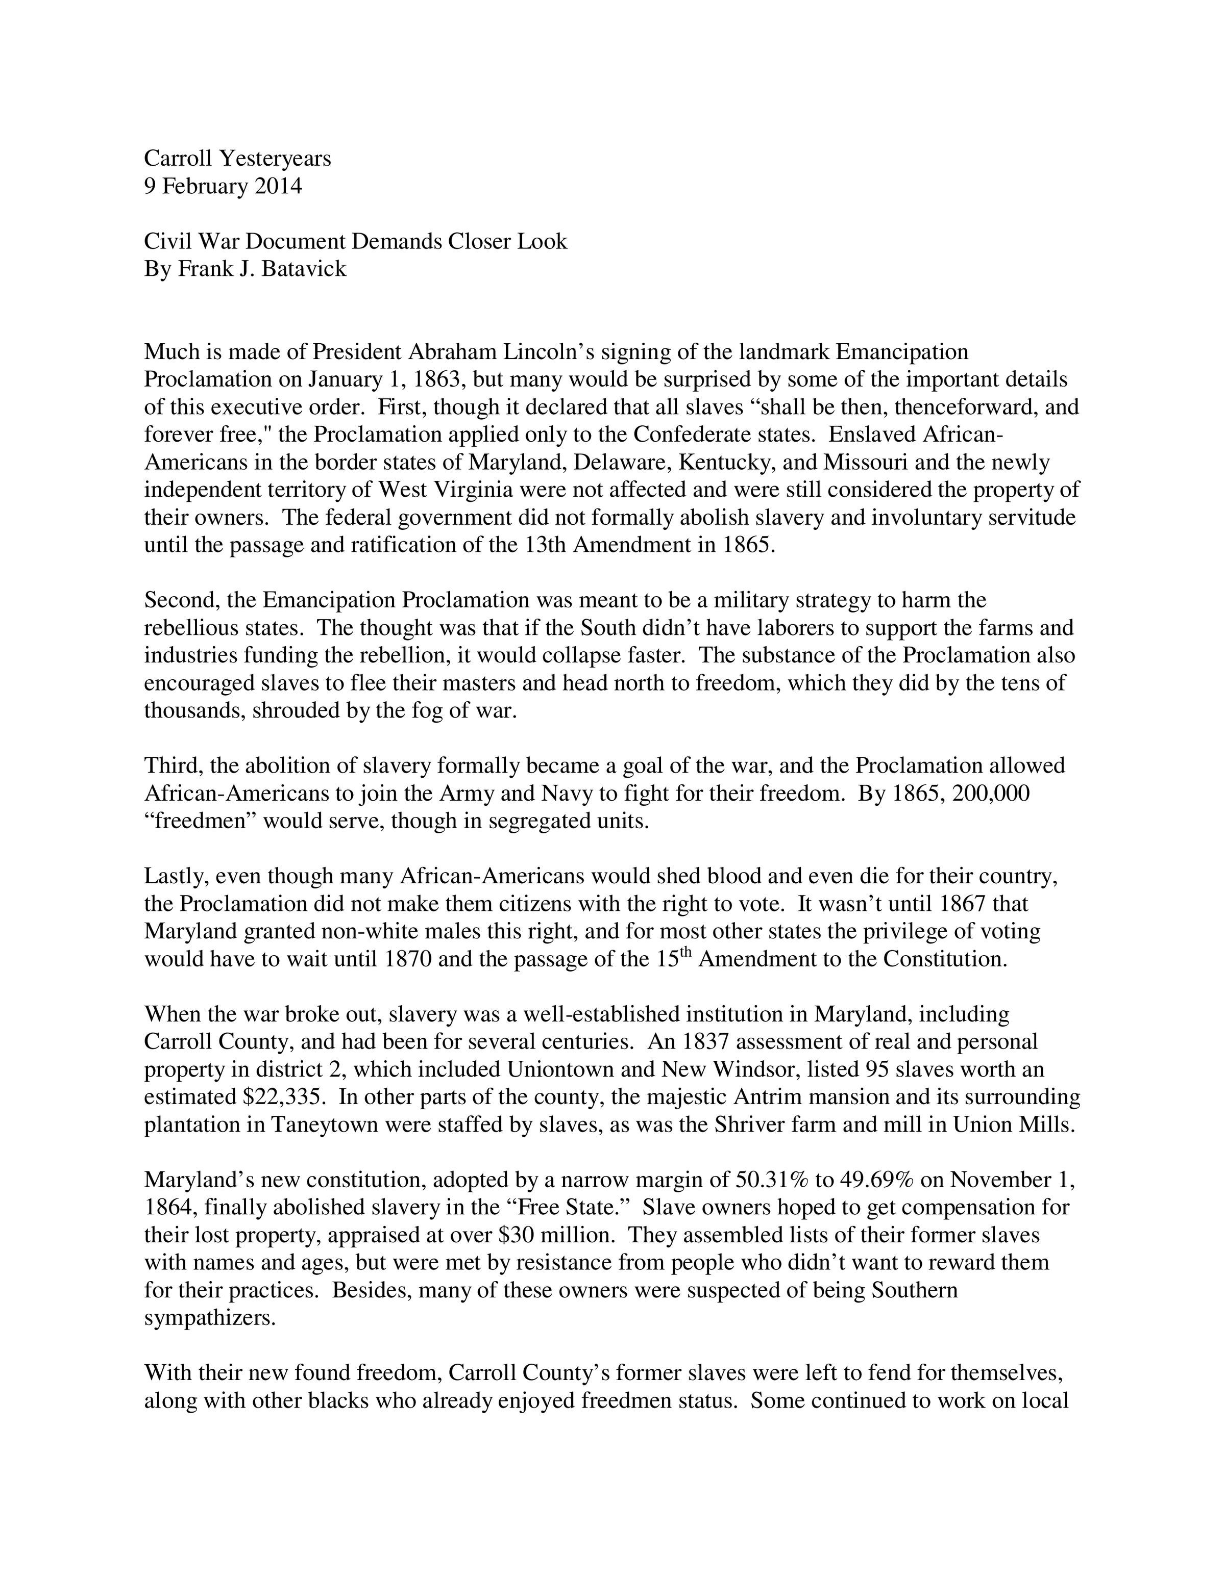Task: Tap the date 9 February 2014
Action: tap(223, 186)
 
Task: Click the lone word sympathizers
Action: tap(210, 1318)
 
